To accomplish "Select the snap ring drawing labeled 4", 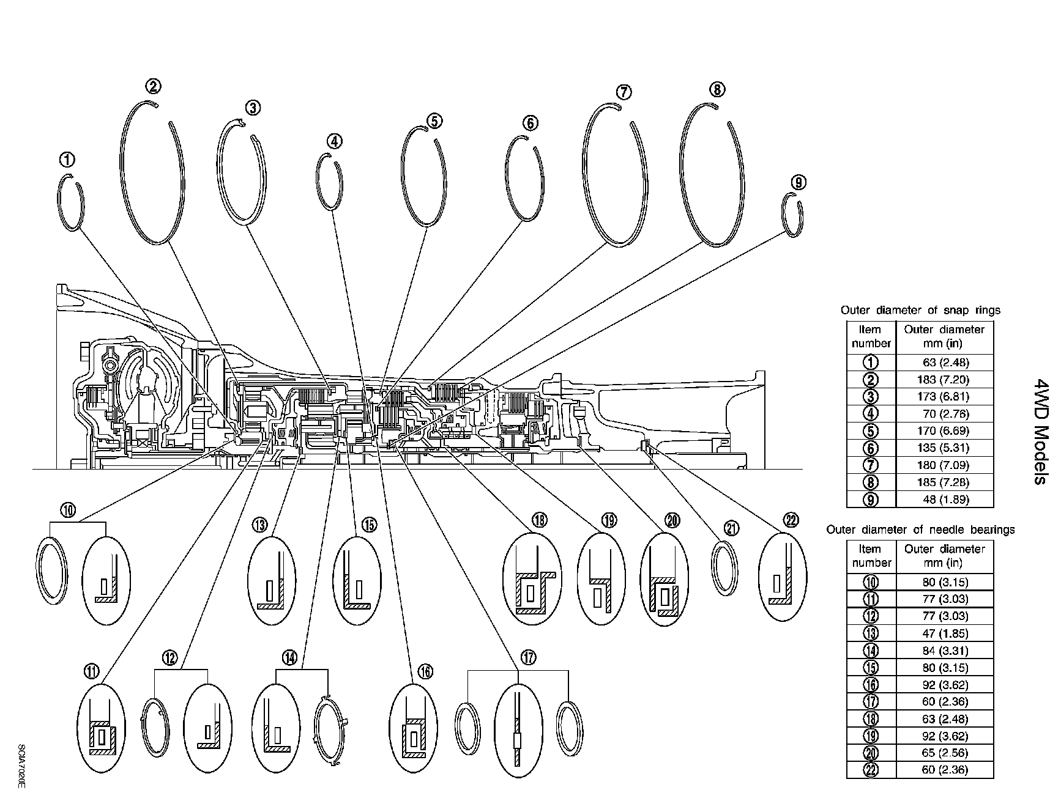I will click(329, 182).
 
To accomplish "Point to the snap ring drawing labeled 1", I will click(70, 202).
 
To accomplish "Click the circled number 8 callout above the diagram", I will click(717, 89).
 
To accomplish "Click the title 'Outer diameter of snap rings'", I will click(920, 310).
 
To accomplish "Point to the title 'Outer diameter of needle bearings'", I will click(920, 530).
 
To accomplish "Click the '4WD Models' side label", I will click(1038, 431).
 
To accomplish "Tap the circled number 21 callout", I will click(731, 527).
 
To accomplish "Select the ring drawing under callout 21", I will click(725, 568).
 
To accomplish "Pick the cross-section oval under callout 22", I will click(781, 577).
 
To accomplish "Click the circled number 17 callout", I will click(529, 657).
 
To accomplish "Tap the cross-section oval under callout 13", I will click(271, 581).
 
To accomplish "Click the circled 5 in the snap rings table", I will click(871, 430).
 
